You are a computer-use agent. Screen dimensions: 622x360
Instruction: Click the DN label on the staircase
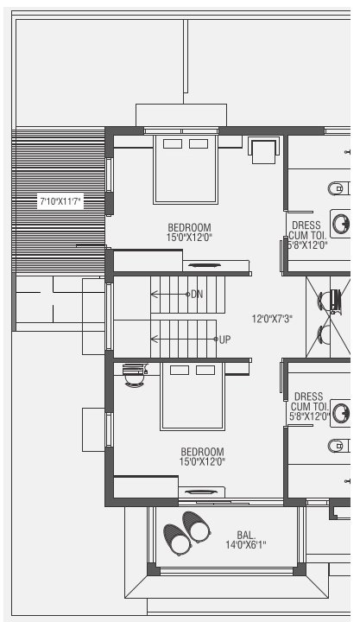tap(197, 295)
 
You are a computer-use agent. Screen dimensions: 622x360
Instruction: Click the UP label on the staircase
tap(224, 339)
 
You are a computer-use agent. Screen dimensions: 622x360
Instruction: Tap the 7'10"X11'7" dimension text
tap(60, 202)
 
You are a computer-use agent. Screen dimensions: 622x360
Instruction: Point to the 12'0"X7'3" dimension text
tap(272, 319)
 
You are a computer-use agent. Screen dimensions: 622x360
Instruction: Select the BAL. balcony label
tap(246, 534)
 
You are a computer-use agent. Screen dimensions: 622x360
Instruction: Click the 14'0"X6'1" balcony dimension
tap(246, 544)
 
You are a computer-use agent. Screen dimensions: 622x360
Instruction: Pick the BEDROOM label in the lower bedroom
tap(202, 451)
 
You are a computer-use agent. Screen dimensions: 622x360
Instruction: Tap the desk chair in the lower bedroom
tap(133, 376)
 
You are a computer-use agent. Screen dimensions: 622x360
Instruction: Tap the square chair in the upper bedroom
tap(262, 149)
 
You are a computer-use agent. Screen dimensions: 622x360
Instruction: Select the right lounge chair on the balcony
tap(195, 524)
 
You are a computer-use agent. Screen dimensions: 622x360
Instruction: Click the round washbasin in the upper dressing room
tap(342, 223)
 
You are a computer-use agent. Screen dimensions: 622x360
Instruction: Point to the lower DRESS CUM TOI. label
tap(309, 406)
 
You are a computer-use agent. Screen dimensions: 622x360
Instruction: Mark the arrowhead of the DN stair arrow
tap(153, 295)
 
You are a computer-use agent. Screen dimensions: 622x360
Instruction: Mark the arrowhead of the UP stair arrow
tap(153, 339)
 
